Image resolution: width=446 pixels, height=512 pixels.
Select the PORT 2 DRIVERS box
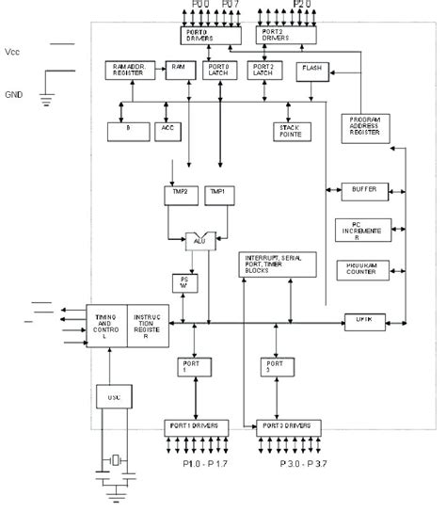(286, 34)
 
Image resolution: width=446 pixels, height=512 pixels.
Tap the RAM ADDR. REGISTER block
(125, 72)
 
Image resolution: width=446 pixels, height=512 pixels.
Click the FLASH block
(311, 71)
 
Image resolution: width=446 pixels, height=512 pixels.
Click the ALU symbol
(199, 241)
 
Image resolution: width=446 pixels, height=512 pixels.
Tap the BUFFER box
(364, 189)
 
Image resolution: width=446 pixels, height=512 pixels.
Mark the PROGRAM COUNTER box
(363, 269)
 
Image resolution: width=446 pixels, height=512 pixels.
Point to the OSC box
(113, 398)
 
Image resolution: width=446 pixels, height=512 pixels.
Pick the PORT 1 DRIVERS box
(198, 424)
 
